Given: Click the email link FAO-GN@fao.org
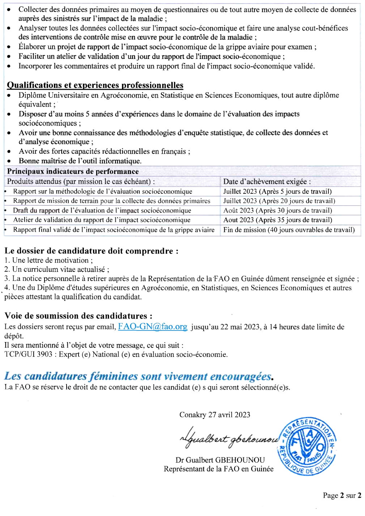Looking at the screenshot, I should click(152, 327).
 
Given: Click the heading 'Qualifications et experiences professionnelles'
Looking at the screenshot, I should click(95, 85).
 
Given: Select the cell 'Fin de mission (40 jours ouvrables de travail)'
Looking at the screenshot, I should click(289, 230).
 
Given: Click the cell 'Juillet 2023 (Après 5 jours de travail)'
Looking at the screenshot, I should click(277, 191).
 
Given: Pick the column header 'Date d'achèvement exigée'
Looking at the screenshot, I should click(267, 182).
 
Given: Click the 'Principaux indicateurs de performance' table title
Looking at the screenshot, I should click(73, 171).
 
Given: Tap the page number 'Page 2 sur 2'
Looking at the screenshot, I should click(342, 495).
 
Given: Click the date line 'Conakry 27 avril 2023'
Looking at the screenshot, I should click(215, 415).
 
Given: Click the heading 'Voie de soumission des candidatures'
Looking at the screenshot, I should click(78, 316).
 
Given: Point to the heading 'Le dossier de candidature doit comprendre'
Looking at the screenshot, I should click(91, 251).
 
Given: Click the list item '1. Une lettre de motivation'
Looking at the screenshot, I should click(48, 260).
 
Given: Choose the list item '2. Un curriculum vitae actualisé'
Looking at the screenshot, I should click(57, 269).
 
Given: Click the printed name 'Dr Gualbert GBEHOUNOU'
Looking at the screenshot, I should click(220, 460).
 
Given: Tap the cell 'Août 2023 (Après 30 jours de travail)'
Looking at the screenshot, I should click(277, 210).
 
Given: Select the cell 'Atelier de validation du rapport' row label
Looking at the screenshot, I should click(102, 220).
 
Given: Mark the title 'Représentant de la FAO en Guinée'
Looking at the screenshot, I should click(218, 469).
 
